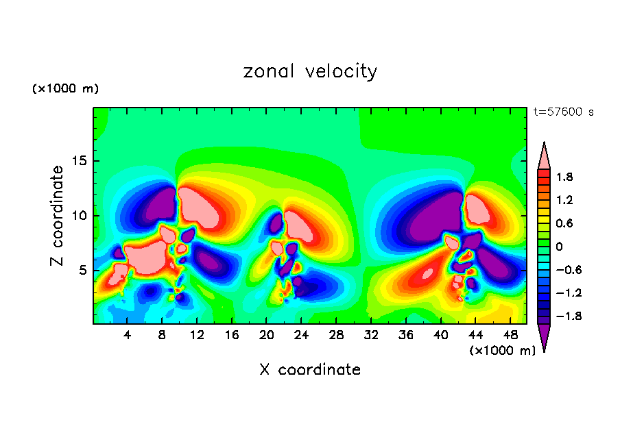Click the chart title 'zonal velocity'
310,71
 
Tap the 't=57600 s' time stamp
563,112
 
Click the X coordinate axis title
310,370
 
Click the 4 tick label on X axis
128,335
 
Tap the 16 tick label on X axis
232,335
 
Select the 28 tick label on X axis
336,335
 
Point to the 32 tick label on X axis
371,335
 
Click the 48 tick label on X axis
510,335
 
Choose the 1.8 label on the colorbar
564,177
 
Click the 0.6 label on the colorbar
564,223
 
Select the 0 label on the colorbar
558,247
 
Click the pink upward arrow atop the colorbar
544,156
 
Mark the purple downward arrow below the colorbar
544,336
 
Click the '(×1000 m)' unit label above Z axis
65,89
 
